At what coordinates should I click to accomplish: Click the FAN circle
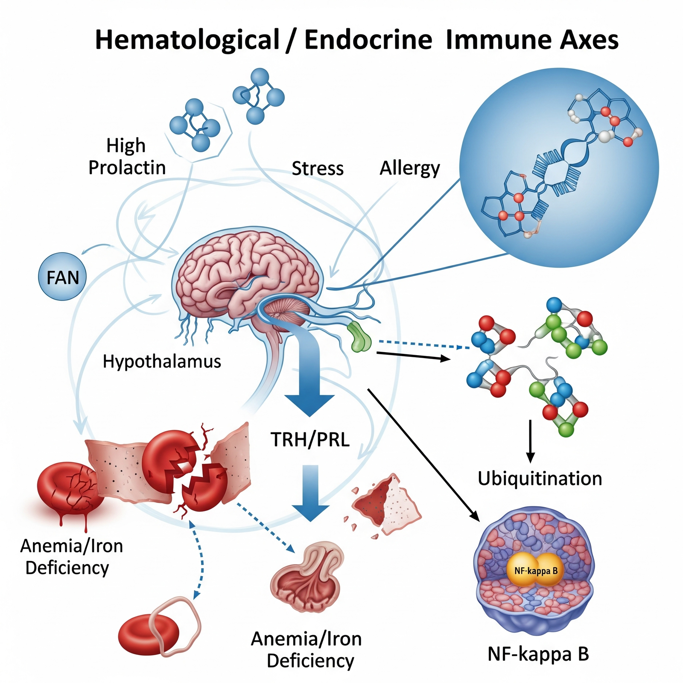coord(62,277)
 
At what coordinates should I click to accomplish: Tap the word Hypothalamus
coord(162,362)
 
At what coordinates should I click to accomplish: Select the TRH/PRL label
coord(310,439)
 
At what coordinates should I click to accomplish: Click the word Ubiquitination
coord(540,479)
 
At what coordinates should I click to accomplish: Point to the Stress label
coord(318,168)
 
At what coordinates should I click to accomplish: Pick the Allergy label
coord(409,168)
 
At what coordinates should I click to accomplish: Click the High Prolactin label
coord(127,156)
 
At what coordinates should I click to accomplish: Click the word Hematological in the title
coord(187,40)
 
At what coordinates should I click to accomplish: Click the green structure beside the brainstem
coord(359,338)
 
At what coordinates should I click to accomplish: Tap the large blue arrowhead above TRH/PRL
coord(309,403)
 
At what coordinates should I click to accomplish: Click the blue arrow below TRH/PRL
coord(310,495)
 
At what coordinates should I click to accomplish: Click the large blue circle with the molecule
coord(559,167)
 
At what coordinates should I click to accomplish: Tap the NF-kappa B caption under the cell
coord(538,654)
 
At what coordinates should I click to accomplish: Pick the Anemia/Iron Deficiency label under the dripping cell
coord(71,557)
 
